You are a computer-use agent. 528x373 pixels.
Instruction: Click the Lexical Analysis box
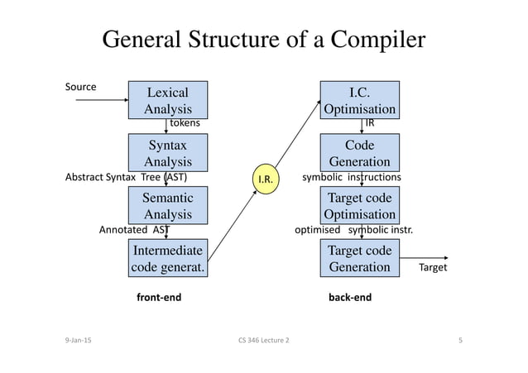tap(168, 100)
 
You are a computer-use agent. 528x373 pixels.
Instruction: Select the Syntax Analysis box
tap(168, 152)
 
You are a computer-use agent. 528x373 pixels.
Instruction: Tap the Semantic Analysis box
tap(168, 205)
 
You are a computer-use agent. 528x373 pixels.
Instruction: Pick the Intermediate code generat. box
tap(168, 258)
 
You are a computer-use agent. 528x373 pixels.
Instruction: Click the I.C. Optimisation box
tap(360, 100)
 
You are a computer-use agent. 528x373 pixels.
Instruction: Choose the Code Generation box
tap(360, 152)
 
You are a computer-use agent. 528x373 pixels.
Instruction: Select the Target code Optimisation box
tap(360, 205)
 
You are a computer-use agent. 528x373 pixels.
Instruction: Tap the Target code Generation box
tap(360, 258)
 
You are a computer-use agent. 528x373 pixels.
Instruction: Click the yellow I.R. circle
tap(266, 179)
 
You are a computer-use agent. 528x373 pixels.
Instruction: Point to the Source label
tap(80, 87)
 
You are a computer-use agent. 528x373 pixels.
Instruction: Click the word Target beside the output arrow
tap(433, 267)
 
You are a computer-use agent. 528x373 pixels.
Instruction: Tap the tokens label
tap(185, 123)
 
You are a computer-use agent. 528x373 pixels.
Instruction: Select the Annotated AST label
tap(134, 230)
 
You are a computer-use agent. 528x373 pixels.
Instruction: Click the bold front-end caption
tap(159, 297)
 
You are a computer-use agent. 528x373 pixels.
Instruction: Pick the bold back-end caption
tap(350, 297)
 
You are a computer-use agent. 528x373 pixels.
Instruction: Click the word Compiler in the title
tap(378, 40)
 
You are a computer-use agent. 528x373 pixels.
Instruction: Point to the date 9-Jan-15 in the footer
tap(78, 340)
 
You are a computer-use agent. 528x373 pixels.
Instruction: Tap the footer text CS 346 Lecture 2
tap(264, 340)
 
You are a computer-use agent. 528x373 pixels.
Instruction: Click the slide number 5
tap(460, 340)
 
